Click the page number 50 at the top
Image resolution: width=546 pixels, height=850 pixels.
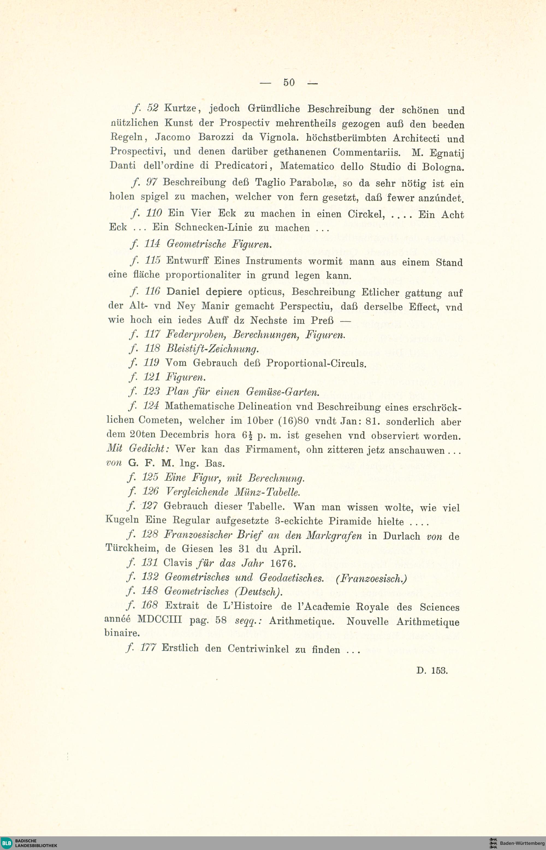tap(289, 83)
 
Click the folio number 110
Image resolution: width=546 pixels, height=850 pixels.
tap(153, 213)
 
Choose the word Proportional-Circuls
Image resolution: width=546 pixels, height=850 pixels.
tap(316, 363)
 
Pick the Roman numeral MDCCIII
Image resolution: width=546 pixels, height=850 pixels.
tap(159, 620)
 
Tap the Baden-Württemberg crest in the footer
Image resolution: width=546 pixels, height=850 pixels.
tap(493, 843)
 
